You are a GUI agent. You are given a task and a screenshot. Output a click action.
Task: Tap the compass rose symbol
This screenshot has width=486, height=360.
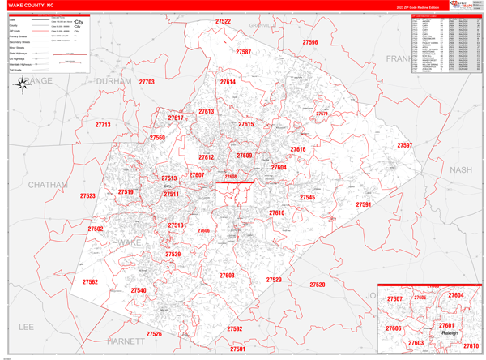pos(21,87)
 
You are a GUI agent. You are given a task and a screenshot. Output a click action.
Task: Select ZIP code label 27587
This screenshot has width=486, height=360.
pos(243,52)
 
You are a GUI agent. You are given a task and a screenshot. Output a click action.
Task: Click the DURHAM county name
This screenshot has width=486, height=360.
pos(113,82)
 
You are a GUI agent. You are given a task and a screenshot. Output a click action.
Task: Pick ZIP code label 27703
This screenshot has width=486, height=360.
pos(147,82)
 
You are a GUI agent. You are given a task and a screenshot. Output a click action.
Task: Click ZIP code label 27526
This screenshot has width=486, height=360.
pos(154,334)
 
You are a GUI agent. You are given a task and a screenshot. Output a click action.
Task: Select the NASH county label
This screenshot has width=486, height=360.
pos(460,169)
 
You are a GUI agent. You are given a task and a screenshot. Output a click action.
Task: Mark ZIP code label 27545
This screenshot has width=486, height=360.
pos(307,197)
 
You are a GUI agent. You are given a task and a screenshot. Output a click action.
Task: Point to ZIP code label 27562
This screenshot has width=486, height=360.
pos(90,282)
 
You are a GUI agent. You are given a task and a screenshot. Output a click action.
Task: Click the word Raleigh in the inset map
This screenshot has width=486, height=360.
pos(450,333)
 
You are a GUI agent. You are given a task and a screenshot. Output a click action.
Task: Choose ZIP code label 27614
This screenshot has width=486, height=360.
pos(228,82)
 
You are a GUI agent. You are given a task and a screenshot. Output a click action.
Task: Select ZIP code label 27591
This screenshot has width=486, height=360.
pos(364,204)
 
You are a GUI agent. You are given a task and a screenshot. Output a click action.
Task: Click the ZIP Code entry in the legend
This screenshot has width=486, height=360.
pos(15,31)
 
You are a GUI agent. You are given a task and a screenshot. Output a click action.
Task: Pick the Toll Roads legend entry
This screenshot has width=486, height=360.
pos(16,71)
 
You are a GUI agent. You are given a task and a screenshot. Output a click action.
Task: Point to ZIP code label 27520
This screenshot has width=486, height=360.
pos(317,285)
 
